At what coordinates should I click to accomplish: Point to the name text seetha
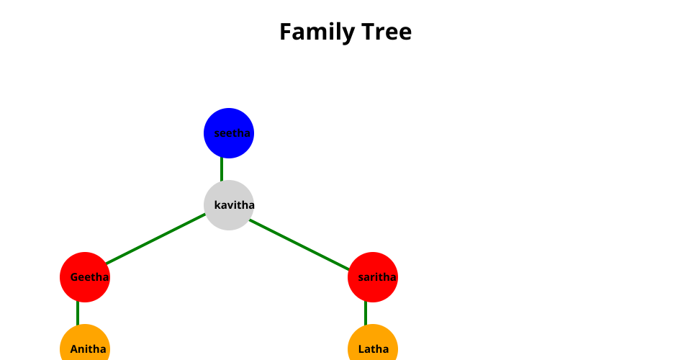click(232, 133)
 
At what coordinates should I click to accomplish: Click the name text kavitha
click(235, 205)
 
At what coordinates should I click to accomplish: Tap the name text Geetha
click(90, 277)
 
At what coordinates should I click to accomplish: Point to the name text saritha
click(377, 277)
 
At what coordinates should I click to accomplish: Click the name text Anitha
click(89, 349)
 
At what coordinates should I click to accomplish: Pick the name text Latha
click(374, 349)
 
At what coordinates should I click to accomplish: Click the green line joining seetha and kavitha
click(222, 170)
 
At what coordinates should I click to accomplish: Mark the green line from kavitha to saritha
click(299, 243)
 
